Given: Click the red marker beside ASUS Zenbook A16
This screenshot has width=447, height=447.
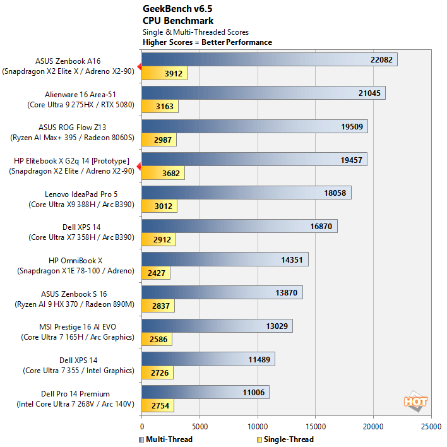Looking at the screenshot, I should click(139, 66).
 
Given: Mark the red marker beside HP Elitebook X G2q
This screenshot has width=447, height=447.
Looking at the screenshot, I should click(139, 165).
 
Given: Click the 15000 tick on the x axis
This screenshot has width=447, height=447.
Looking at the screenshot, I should click(316, 426).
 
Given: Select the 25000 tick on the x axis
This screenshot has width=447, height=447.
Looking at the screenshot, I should click(431, 426).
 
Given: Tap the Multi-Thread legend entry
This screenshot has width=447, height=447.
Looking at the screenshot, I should click(165, 439).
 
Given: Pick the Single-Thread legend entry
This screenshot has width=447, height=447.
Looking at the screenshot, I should click(287, 439).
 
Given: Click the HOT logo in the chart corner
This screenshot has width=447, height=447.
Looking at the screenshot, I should click(415, 402).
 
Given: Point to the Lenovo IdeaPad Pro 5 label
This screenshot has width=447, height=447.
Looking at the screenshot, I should click(81, 194).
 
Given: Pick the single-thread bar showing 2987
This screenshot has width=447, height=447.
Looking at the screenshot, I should click(159, 140).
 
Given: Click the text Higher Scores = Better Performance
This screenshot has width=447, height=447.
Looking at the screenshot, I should click(207, 42).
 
